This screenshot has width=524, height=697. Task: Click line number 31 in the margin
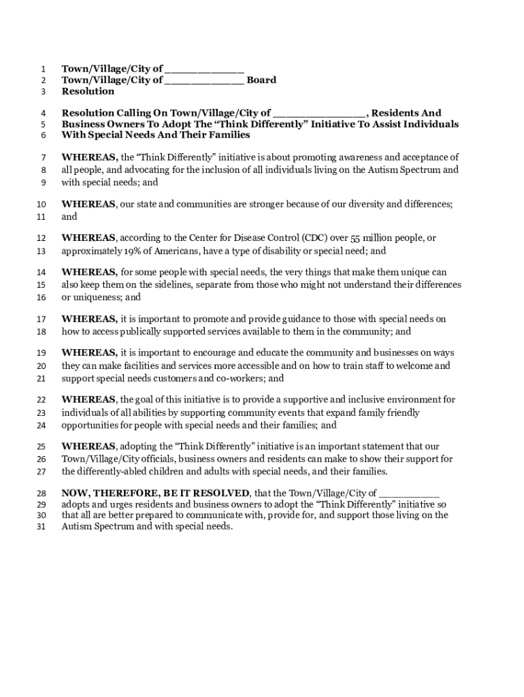click(x=41, y=527)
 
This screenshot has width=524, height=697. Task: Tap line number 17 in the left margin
click(x=41, y=319)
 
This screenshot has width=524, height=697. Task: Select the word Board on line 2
click(x=261, y=80)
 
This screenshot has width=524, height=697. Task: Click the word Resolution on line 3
click(x=88, y=91)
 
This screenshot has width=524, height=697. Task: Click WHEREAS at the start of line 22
click(x=88, y=400)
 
